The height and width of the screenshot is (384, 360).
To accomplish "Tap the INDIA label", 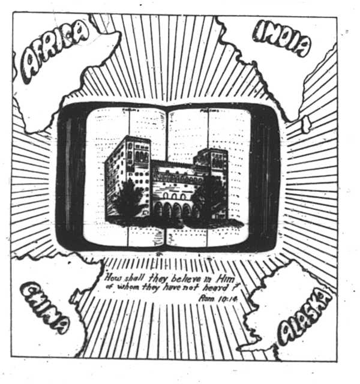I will pos(282,39).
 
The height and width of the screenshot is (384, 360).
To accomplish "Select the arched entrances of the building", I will pos(174,209).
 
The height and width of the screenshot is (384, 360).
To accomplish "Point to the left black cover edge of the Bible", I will pos(71,174).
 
